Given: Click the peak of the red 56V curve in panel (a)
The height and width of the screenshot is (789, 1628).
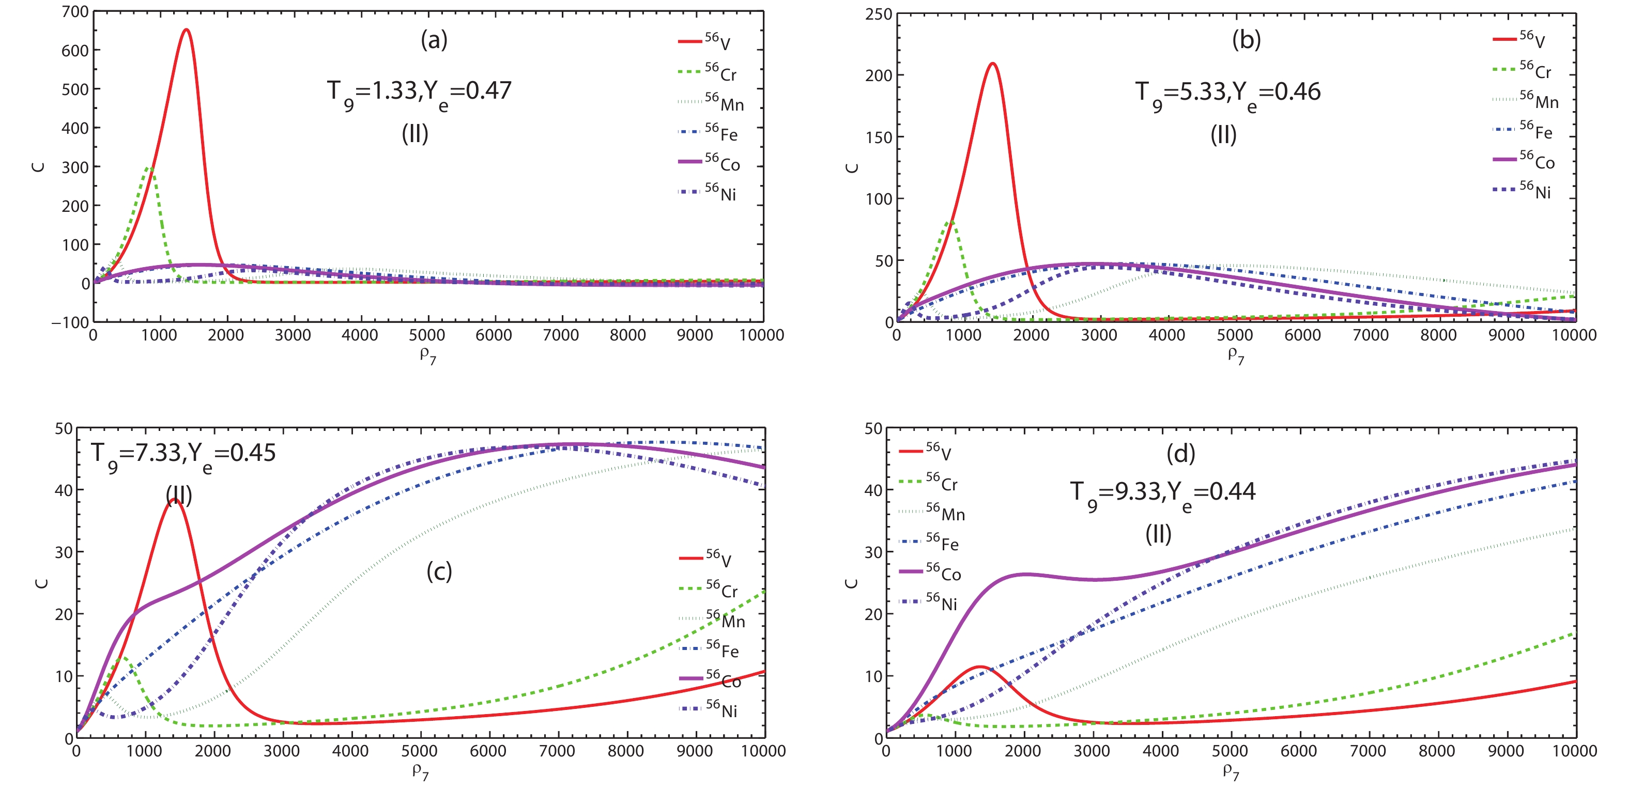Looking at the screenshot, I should coord(186,29).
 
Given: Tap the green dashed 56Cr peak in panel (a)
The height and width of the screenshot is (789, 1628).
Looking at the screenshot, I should coord(149,168).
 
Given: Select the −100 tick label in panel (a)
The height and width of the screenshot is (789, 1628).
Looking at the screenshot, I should coord(71,322).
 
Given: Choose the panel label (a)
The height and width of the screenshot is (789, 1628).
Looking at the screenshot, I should coord(434,40).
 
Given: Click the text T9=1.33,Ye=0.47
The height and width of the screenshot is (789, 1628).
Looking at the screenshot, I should coord(419,92).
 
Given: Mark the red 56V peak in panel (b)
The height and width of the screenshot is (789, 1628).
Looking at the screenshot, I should coord(992,64).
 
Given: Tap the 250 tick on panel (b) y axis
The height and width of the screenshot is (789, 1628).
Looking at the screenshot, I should coord(879,14).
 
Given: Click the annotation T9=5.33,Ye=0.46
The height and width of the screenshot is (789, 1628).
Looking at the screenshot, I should coord(1227,93).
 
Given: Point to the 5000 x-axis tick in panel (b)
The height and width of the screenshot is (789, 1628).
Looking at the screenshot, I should coord(1235,335).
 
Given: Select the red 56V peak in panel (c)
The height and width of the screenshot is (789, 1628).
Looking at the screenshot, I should coord(174,500).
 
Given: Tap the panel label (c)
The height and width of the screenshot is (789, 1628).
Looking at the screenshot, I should coord(439,571).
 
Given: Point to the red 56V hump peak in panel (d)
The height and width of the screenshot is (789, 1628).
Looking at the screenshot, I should coord(979,667).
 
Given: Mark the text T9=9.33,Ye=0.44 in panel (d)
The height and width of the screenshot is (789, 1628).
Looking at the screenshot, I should coord(1162,493).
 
